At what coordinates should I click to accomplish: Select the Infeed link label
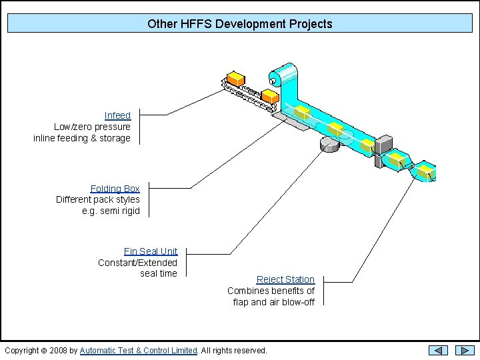117,115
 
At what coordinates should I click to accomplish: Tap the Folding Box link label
115,189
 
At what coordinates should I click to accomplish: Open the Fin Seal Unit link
151,251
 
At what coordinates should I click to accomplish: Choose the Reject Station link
285,279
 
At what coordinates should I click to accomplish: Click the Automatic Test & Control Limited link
139,350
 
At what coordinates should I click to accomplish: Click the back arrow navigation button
438,350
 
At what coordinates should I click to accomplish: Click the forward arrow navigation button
465,350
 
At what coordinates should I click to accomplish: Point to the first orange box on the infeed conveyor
235,78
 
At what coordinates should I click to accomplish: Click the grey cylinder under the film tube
330,144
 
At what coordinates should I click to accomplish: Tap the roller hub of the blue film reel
273,82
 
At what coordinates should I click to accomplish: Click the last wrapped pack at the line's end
425,171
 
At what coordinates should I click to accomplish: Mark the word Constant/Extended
137,262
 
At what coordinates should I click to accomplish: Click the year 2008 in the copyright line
59,350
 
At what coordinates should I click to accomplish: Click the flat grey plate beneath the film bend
291,120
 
